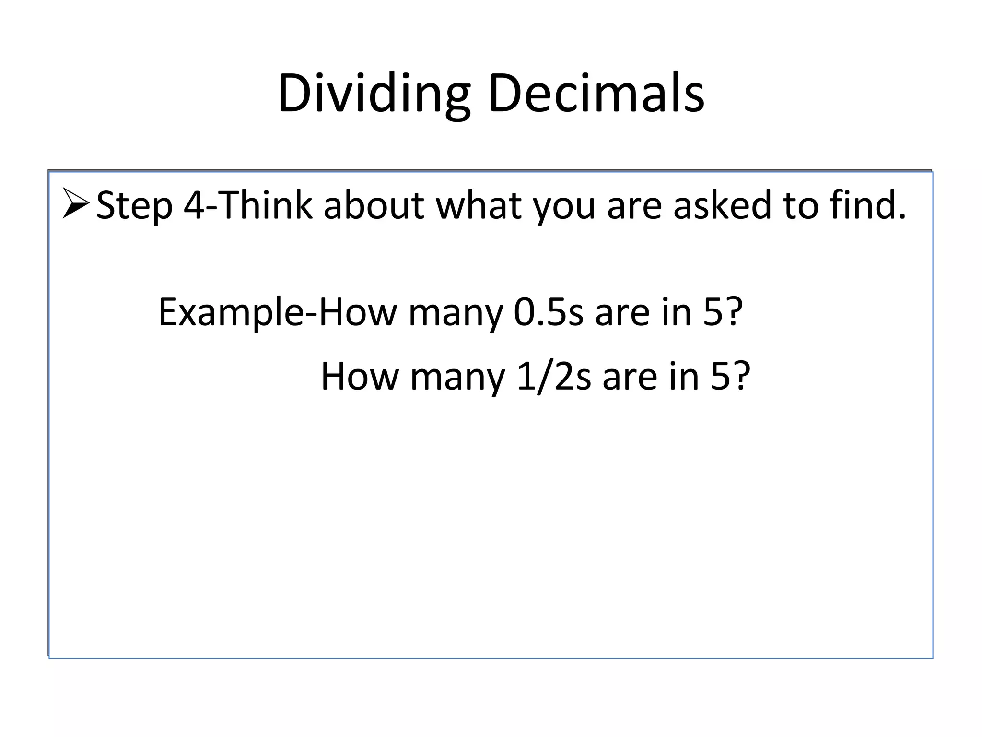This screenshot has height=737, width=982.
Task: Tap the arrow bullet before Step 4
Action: tap(76, 203)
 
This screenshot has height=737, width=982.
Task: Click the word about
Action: tap(374, 205)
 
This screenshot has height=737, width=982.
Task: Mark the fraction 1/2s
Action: tap(554, 377)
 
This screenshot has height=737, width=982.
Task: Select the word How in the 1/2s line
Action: tap(360, 377)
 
